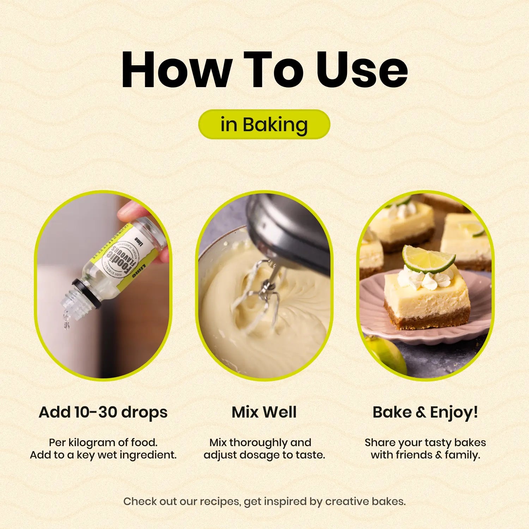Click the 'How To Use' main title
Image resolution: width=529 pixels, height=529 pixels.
(264, 69)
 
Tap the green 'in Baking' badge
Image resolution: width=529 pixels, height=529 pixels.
(264, 124)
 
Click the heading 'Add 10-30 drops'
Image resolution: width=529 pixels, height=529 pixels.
(103, 412)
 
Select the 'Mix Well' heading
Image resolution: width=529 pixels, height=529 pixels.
(264, 412)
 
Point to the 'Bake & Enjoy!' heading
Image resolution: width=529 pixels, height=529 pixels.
(425, 412)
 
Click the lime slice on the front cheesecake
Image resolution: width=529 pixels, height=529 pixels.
(428, 259)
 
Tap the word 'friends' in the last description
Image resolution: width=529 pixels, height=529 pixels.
(414, 455)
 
